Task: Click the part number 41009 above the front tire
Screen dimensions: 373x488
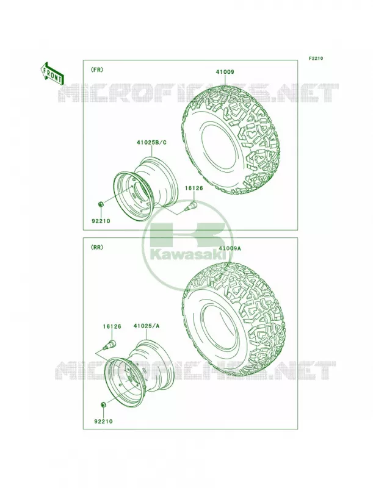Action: (x=225, y=72)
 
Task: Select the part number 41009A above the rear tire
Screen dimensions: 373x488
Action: (x=230, y=248)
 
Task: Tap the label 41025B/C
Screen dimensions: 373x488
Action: (x=151, y=143)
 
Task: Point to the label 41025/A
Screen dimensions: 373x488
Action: (x=146, y=326)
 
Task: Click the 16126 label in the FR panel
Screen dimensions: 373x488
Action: (x=194, y=188)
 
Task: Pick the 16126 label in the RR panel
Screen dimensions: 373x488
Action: (x=112, y=326)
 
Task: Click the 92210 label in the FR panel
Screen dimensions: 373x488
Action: (x=101, y=221)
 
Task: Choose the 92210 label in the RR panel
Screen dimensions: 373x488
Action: (x=103, y=422)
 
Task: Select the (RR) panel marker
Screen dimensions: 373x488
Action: (x=97, y=248)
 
